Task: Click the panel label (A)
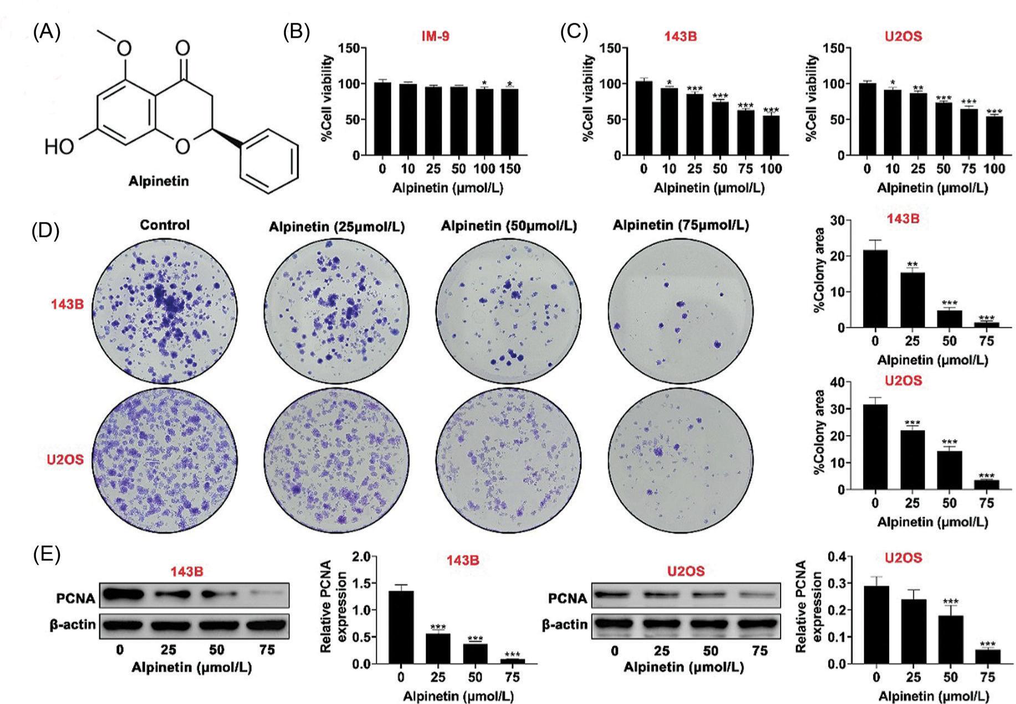pos(47,32)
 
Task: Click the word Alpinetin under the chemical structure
pos(159,181)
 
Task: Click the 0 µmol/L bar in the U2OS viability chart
pos(867,119)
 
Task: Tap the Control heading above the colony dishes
pos(165,225)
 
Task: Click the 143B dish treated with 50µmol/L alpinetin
pos(509,310)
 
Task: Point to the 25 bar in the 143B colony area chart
pos(912,300)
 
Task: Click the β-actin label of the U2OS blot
pos(565,625)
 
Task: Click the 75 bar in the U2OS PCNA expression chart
pos(988,657)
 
